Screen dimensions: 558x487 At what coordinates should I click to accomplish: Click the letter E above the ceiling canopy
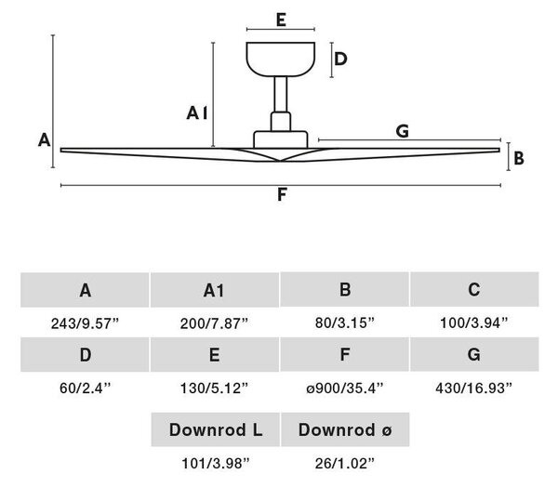pos(281,20)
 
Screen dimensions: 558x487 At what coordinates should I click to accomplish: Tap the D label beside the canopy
pos(340,59)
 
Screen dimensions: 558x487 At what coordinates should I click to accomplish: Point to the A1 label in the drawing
pos(197,113)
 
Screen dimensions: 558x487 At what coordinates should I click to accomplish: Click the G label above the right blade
pos(402,131)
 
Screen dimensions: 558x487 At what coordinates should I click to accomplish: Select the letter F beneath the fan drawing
pos(282,195)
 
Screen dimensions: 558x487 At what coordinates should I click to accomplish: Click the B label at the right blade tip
pos(519,158)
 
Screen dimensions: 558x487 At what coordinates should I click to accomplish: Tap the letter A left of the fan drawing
pos(44,139)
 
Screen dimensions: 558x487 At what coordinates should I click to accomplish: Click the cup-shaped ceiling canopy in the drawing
pos(281,59)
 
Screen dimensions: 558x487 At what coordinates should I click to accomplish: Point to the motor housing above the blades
pos(281,139)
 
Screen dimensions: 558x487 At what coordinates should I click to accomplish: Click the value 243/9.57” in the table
pos(85,323)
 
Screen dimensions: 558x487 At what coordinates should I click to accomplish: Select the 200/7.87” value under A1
pos(214,323)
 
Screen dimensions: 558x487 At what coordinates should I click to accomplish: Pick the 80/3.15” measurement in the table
pos(345,322)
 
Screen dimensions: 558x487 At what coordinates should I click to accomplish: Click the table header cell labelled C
pos(474,289)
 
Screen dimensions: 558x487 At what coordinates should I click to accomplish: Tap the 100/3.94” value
pos(474,322)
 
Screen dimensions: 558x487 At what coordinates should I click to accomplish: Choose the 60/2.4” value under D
pos(86,388)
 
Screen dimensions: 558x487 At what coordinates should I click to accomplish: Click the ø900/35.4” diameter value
pos(345,388)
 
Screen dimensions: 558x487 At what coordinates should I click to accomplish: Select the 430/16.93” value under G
pos(474,388)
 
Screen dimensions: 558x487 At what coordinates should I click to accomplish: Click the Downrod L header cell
pos(216,429)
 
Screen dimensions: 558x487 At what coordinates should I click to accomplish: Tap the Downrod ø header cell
pos(345,429)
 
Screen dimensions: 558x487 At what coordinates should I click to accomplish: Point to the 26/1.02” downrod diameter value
pos(345,463)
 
